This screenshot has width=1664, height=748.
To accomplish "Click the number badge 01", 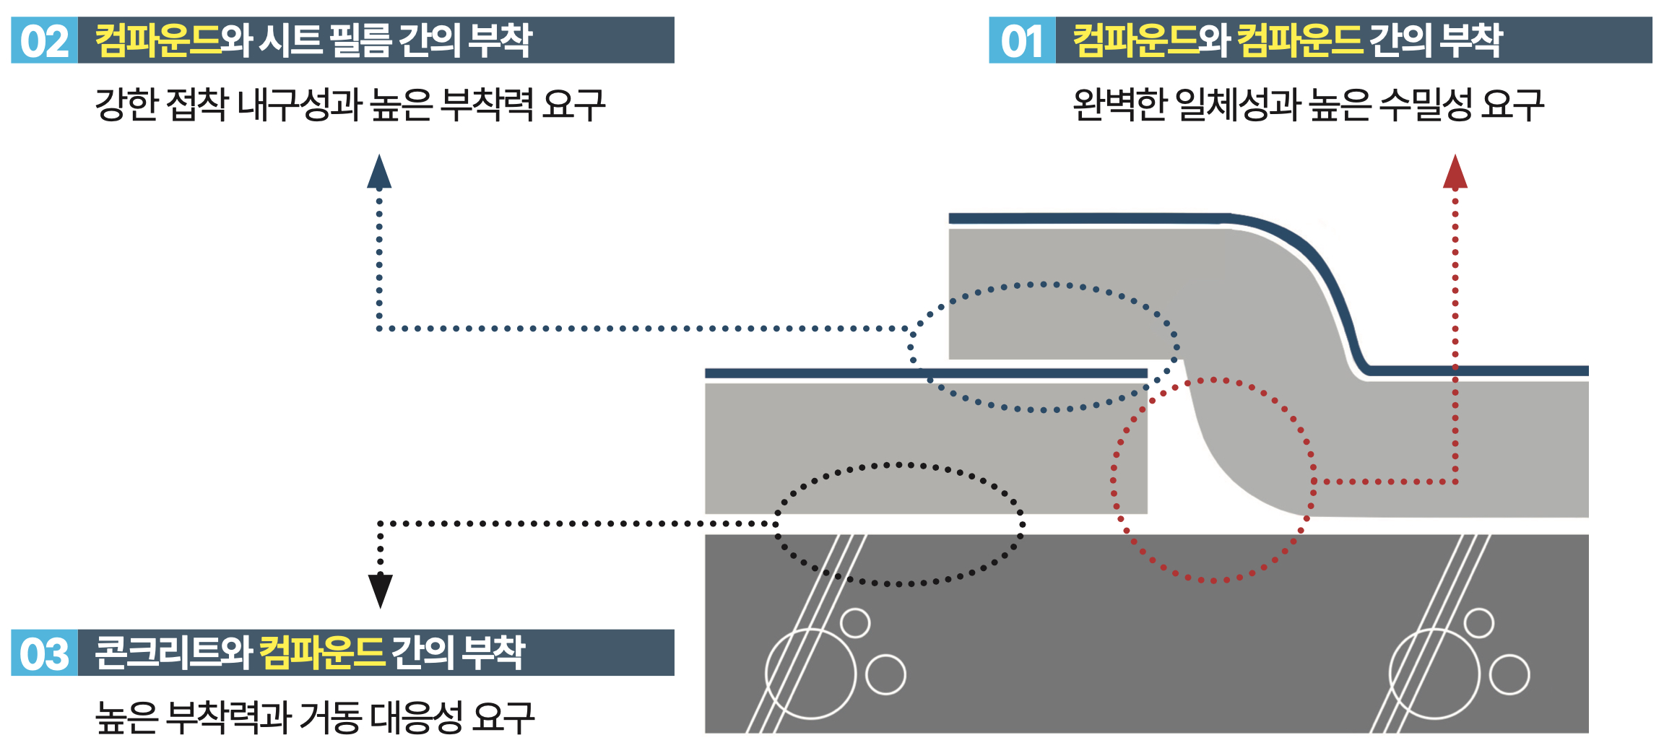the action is click(1022, 40).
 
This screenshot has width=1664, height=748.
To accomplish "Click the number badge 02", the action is click(44, 40).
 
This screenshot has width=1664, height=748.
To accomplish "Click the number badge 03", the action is click(44, 653).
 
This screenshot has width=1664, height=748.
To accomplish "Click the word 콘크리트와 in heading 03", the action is click(174, 653).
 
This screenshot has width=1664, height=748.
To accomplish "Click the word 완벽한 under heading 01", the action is click(1119, 105).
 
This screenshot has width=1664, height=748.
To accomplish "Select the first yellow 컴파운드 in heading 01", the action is click(1135, 40).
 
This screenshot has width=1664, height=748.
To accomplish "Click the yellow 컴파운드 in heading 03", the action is click(322, 653).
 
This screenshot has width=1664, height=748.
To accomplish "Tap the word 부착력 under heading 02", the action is click(487, 105).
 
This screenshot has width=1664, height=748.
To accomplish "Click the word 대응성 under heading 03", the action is click(416, 718).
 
